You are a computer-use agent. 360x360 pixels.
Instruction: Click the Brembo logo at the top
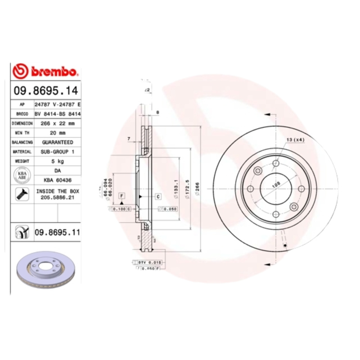(45, 71)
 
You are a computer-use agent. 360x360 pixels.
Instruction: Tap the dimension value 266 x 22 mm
(57, 123)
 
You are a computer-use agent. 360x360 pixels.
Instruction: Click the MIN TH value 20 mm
(57, 133)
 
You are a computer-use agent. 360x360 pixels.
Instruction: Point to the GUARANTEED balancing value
(57, 142)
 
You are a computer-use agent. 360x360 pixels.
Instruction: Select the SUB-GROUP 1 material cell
(57, 152)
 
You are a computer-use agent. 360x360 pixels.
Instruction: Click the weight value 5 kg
(57, 161)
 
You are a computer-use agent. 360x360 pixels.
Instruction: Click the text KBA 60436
(57, 180)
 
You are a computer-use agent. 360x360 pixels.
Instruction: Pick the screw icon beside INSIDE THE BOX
(22, 194)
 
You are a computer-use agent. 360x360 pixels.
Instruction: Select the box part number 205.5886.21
(57, 197)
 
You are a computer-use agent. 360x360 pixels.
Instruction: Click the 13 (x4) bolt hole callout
(296, 140)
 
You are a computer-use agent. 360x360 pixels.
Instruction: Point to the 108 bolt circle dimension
(276, 184)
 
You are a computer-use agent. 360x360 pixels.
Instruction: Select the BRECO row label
(22, 113)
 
